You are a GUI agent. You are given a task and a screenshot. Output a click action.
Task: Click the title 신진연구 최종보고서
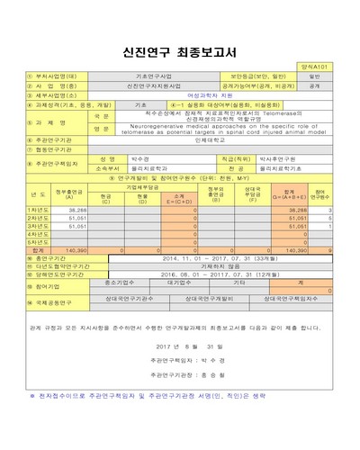click(180, 52)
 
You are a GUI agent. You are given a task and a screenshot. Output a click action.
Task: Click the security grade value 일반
click(315, 76)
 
